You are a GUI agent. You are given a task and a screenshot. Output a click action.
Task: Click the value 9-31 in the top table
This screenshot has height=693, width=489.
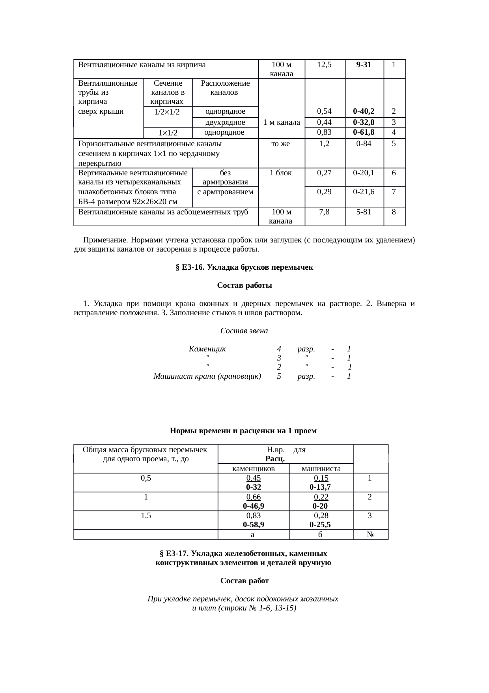coord(363,64)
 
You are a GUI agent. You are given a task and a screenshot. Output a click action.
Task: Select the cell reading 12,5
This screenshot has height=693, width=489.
coord(325,64)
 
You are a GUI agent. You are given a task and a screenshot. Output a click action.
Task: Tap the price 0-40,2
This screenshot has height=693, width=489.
coord(363,111)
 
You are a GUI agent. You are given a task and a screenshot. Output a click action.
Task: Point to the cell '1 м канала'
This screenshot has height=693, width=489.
coord(281,122)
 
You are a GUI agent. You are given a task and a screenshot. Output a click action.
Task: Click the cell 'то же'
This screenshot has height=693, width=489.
coord(281,144)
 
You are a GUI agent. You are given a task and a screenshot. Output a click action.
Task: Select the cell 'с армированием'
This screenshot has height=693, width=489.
coord(225,192)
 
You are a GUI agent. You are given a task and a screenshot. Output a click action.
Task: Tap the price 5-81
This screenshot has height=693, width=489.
coord(363,212)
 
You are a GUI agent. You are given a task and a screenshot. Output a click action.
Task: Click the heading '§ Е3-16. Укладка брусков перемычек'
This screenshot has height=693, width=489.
coord(244,267)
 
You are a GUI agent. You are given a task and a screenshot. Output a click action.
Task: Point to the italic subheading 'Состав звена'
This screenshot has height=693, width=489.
coord(244,331)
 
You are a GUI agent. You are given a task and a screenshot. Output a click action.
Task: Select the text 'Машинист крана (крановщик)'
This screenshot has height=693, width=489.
coord(207,376)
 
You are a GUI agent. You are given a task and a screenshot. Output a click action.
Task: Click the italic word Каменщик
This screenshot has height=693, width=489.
coord(207,349)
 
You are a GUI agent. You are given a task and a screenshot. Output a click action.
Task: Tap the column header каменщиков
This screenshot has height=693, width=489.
coord(253,469)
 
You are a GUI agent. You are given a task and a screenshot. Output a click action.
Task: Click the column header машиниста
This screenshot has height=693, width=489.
coord(321,469)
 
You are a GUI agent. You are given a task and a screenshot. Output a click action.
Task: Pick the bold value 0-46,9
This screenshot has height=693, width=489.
coord(253,506)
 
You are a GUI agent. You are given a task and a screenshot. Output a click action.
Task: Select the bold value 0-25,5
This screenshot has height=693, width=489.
coord(320,525)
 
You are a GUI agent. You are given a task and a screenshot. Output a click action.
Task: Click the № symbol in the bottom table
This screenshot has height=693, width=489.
coord(370,535)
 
